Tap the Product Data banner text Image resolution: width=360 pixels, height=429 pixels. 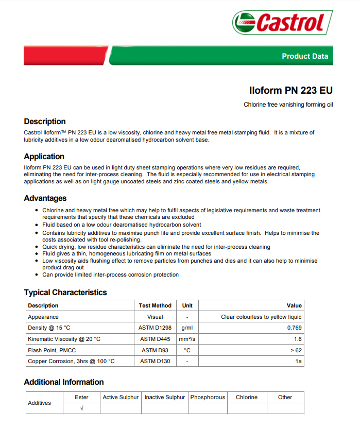(304, 56)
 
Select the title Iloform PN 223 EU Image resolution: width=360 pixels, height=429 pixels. (291, 91)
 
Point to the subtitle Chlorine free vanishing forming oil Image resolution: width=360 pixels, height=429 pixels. (288, 105)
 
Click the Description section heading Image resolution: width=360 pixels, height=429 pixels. (45, 122)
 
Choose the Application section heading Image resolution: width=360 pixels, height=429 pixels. (44, 157)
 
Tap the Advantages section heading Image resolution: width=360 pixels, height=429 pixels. (45, 198)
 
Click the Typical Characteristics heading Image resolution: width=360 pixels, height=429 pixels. (65, 293)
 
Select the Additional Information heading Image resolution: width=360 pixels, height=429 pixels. (64, 382)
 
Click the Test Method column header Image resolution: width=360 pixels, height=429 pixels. (155, 305)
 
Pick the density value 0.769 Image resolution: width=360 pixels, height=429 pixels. (295, 328)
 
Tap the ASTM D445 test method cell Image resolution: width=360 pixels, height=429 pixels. (155, 339)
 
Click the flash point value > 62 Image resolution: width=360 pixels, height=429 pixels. (296, 350)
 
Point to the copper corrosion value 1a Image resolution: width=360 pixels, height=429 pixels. (298, 362)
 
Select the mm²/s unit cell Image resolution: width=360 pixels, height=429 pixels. (187, 339)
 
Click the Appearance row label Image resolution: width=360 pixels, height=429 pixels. (43, 317)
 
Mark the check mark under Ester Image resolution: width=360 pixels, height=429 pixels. (81, 408)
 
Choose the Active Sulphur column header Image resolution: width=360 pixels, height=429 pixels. (121, 397)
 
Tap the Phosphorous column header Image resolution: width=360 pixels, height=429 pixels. (208, 397)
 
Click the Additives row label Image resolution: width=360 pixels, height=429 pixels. (39, 403)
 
